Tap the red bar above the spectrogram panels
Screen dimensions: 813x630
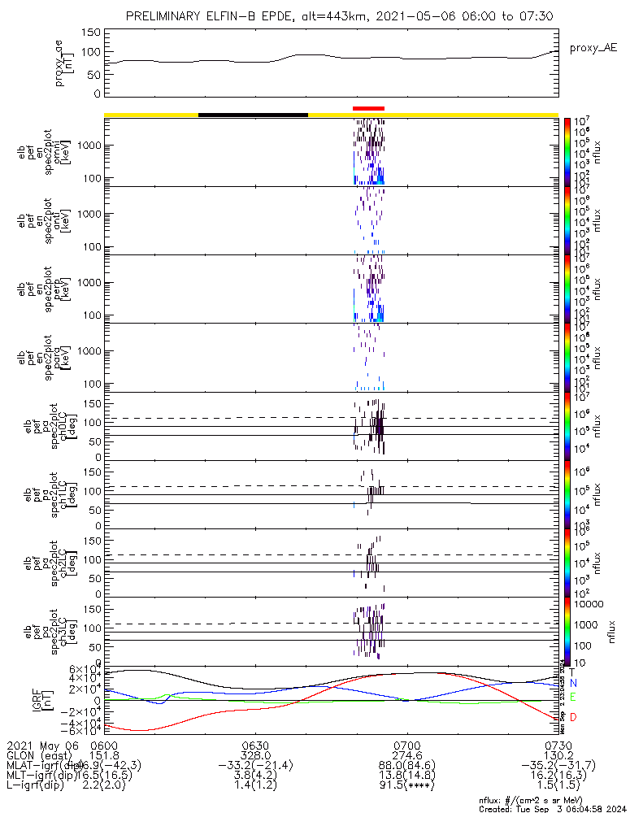pos(368,108)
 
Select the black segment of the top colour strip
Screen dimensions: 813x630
pos(253,115)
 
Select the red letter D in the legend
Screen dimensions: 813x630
pos(572,717)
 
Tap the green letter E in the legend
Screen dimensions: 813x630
pos(572,698)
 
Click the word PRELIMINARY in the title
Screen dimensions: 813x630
pos(168,16)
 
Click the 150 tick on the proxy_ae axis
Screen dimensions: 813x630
pos(91,33)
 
